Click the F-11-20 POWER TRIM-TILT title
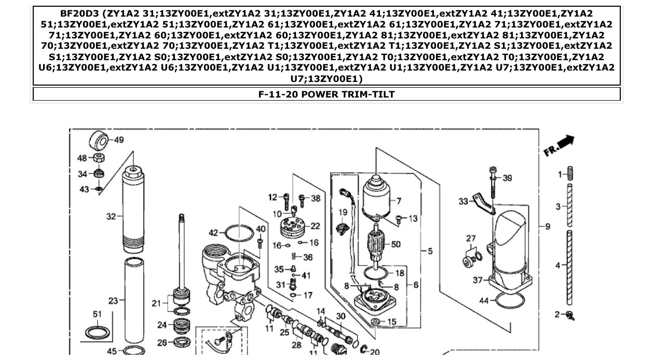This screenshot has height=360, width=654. (x=326, y=94)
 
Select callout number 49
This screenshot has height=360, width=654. (x=119, y=140)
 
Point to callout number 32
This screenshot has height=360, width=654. (x=111, y=216)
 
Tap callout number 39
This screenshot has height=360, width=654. (x=507, y=178)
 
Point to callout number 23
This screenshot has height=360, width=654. (x=113, y=300)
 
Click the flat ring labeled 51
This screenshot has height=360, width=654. (x=98, y=332)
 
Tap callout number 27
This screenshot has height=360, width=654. (x=471, y=239)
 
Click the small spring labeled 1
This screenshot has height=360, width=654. (x=570, y=174)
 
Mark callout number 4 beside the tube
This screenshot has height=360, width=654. (x=558, y=266)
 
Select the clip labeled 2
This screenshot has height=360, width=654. (x=571, y=314)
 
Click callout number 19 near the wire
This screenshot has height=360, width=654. (x=343, y=212)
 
